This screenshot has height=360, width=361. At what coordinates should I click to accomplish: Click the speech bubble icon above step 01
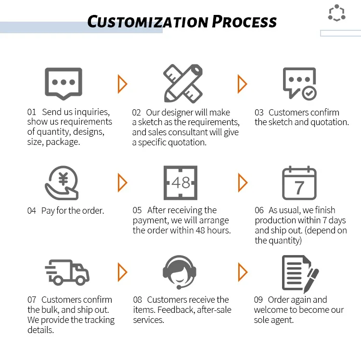(63, 83)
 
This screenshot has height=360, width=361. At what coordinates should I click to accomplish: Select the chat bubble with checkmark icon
(299, 83)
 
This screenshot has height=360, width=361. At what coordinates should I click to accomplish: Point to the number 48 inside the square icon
(181, 183)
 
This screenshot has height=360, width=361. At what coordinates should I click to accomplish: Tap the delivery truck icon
(67, 272)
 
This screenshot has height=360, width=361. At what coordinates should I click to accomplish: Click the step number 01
(32, 112)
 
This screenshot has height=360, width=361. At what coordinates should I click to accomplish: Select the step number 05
(137, 210)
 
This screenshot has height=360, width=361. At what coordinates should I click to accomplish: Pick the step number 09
(259, 300)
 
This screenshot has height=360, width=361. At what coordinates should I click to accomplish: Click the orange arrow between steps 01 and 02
(122, 84)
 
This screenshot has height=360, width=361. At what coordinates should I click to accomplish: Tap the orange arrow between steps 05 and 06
(242, 183)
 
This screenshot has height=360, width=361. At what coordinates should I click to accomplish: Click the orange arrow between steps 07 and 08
(122, 272)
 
